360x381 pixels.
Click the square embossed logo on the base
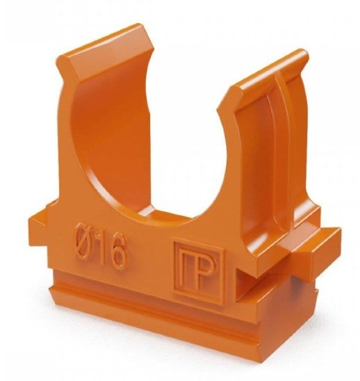click(198, 271)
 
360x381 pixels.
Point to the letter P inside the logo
click(204, 272)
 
